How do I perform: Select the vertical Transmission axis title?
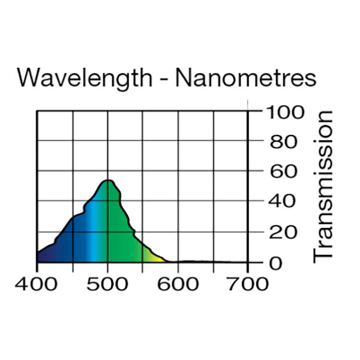pos(323,185)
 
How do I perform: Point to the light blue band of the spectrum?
pos(92,240)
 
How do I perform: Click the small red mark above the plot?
pos(248,104)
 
